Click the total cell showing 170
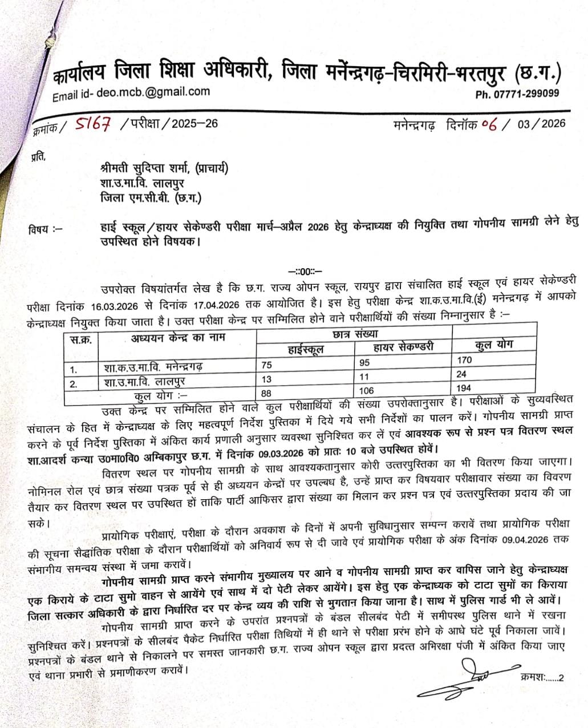465,361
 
